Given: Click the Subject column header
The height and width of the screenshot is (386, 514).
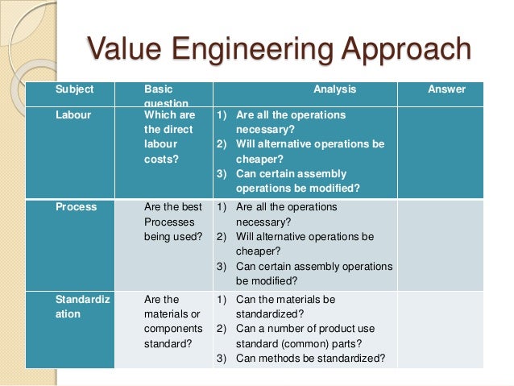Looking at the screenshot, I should click(x=74, y=89).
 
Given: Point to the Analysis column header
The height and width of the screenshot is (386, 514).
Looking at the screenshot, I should click(x=334, y=89).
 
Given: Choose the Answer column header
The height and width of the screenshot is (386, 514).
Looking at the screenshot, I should click(x=446, y=89).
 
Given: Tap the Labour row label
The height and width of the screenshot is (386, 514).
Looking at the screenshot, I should click(x=73, y=115).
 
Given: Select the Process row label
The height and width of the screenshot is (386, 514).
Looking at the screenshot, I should click(x=76, y=207).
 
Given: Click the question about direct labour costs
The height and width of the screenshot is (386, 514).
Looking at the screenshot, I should click(x=169, y=137).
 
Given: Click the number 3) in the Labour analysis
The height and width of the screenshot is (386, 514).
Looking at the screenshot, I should click(x=222, y=173).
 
